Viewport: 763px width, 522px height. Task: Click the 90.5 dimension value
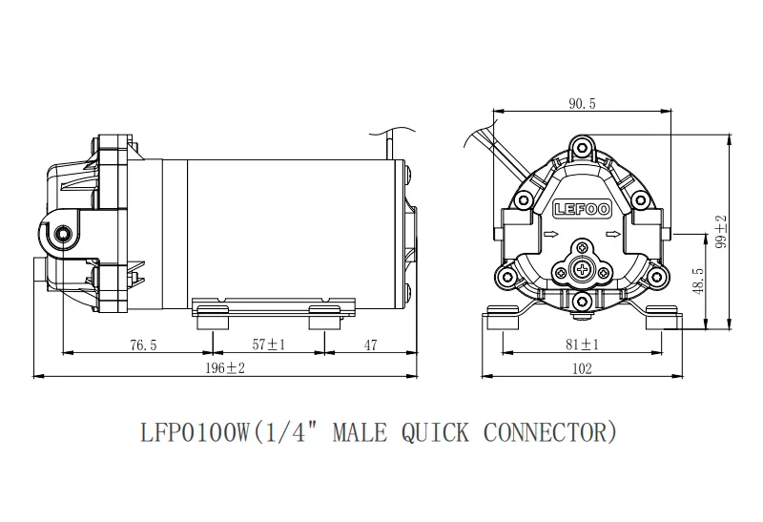tap(582, 103)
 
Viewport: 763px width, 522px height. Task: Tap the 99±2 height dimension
tap(722, 231)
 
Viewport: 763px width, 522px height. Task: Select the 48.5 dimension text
tap(699, 281)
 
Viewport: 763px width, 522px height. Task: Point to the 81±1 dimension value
tap(582, 345)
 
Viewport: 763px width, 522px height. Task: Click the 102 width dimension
tap(582, 368)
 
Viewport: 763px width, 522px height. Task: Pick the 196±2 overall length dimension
tap(225, 368)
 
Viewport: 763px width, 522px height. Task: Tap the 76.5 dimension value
tap(144, 345)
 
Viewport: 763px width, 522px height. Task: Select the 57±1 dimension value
tap(269, 345)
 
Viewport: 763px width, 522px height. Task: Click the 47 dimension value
tap(370, 345)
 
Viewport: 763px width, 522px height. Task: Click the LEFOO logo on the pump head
tap(582, 209)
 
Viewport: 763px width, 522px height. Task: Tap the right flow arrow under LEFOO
tap(613, 235)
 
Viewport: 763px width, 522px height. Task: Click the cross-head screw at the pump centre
tap(582, 269)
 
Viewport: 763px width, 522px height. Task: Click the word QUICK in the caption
tap(436, 432)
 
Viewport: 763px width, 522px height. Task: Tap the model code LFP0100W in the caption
tap(196, 432)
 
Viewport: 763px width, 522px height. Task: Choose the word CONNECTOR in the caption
tap(545, 432)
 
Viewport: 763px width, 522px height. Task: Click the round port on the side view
tap(63, 234)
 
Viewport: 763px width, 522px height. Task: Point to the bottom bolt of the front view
tap(582, 301)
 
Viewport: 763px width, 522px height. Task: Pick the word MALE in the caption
tap(361, 432)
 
